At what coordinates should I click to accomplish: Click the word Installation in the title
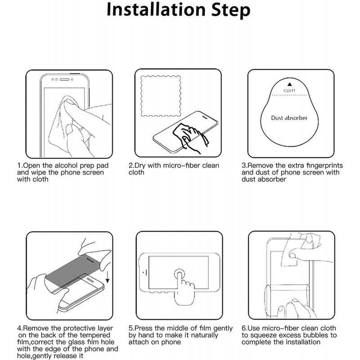[156, 9]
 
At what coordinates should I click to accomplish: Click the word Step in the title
[231, 10]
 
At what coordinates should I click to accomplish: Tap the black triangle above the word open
[289, 84]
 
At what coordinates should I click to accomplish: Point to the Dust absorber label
[289, 118]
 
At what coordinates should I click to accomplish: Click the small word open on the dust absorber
[289, 90]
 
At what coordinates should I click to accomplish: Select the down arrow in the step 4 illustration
[108, 277]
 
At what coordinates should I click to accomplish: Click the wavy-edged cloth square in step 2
[161, 96]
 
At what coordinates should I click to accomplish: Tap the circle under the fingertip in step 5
[180, 274]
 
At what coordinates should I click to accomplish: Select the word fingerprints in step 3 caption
[324, 166]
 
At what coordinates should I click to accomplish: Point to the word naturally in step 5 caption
[204, 336]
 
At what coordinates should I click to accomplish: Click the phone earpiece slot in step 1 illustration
[64, 80]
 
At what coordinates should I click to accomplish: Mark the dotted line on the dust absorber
[289, 95]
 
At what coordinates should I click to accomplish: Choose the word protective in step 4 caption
[80, 328]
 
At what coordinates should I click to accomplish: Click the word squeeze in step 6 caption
[266, 336]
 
